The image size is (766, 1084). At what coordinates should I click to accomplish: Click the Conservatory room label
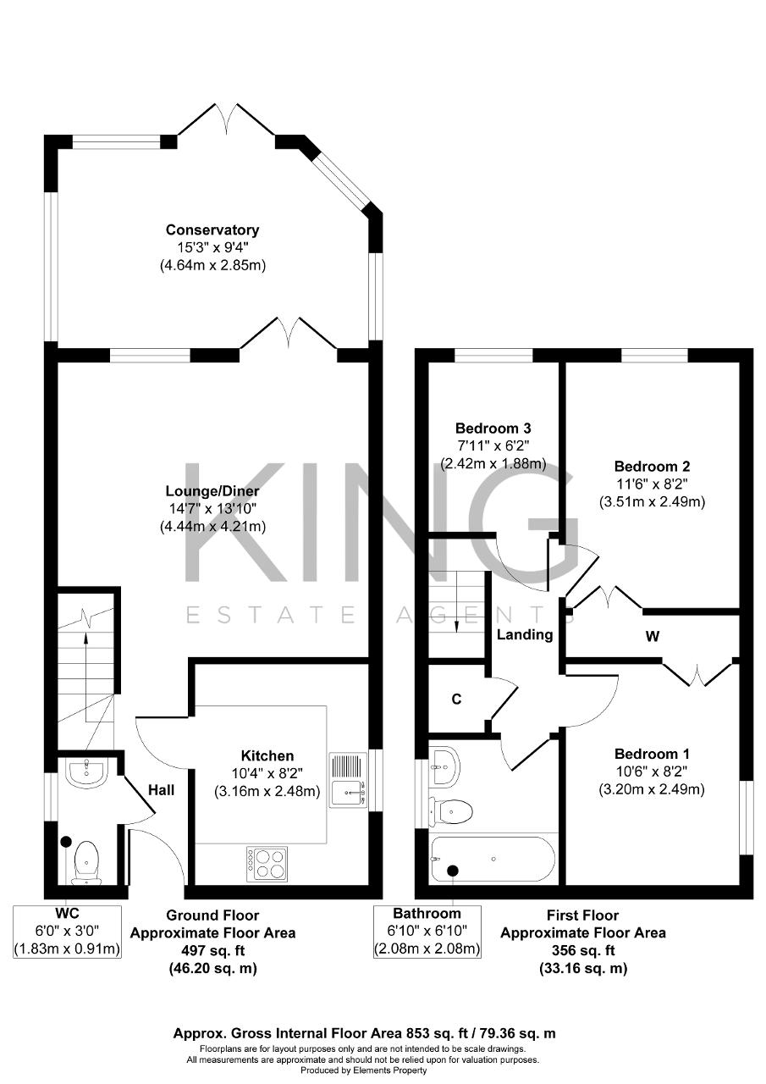click(x=212, y=230)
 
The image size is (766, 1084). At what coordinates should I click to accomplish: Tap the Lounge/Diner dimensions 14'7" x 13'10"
click(x=212, y=509)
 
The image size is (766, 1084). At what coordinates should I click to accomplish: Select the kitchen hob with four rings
click(x=267, y=863)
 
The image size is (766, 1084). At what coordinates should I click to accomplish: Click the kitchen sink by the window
click(x=348, y=780)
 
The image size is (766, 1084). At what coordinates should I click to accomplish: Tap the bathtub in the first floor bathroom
click(x=493, y=859)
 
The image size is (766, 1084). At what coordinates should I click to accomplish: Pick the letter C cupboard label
click(x=456, y=699)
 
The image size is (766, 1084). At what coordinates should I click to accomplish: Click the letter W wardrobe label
click(x=653, y=636)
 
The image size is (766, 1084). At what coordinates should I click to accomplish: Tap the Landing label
click(x=525, y=634)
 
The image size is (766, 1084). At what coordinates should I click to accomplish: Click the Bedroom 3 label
click(x=493, y=429)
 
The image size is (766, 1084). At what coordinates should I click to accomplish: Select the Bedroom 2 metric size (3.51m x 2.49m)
click(x=652, y=502)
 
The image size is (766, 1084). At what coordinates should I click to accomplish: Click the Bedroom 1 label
click(x=652, y=754)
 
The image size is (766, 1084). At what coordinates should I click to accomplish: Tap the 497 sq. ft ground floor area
click(x=213, y=950)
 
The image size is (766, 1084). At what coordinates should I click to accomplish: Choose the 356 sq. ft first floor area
click(x=583, y=950)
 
